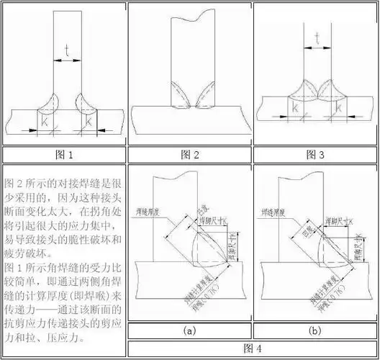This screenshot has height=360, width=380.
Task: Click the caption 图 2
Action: tap(189, 154)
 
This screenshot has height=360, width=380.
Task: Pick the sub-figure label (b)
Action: tap(315, 330)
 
